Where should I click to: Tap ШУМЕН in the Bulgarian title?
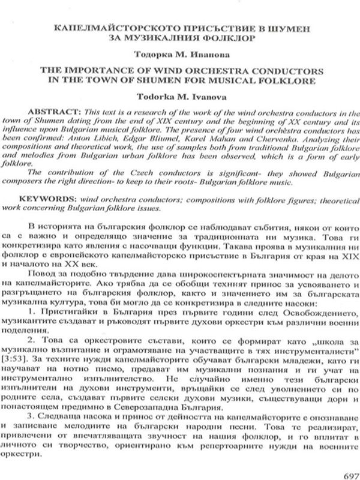click(x=287, y=28)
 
